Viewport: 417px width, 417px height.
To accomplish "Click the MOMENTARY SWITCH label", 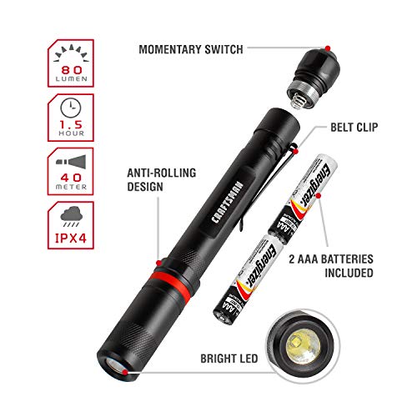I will coord(190,50).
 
